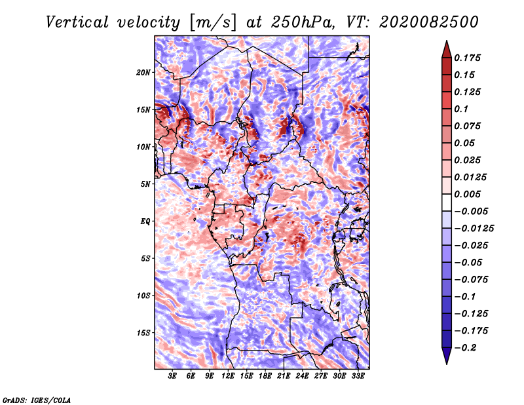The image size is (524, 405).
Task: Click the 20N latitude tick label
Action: coord(143,72)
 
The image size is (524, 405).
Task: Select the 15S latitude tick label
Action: coord(143,333)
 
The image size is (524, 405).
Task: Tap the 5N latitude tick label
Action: coord(145,184)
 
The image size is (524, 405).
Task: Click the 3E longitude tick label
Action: coord(173,377)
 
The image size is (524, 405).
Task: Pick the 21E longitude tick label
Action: coord(284,377)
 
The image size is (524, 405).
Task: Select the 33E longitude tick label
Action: coord(358,377)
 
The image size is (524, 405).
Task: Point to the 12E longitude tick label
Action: coord(229,377)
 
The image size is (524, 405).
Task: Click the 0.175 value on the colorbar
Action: coord(468,58)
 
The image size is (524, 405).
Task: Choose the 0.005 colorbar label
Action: coord(468,194)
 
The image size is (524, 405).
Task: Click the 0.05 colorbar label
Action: coord(466,143)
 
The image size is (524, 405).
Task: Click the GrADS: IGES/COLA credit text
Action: coord(37,399)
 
